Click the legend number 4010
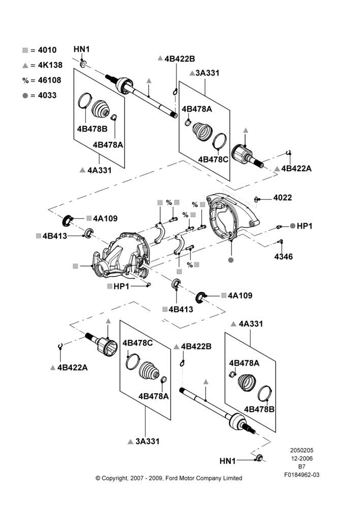pyautogui.click(x=47, y=50)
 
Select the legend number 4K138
pyautogui.click(x=50, y=65)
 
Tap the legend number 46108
pyautogui.click(x=49, y=80)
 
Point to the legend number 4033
pyautogui.click(x=47, y=96)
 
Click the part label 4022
pyautogui.click(x=283, y=198)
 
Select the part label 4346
pyautogui.click(x=283, y=257)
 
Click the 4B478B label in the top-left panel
pyautogui.click(x=92, y=129)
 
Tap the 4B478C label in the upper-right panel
pyautogui.click(x=213, y=160)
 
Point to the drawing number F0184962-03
pyautogui.click(x=302, y=475)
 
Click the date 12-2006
pyautogui.click(x=302, y=458)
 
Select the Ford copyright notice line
pyautogui.click(x=169, y=478)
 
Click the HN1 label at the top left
pyautogui.click(x=81, y=49)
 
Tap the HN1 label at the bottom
pyautogui.click(x=228, y=461)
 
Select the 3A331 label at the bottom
pyautogui.click(x=147, y=441)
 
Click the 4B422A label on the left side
pyautogui.click(x=72, y=367)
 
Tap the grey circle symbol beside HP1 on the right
pyautogui.click(x=292, y=226)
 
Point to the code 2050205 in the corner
pyautogui.click(x=302, y=450)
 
